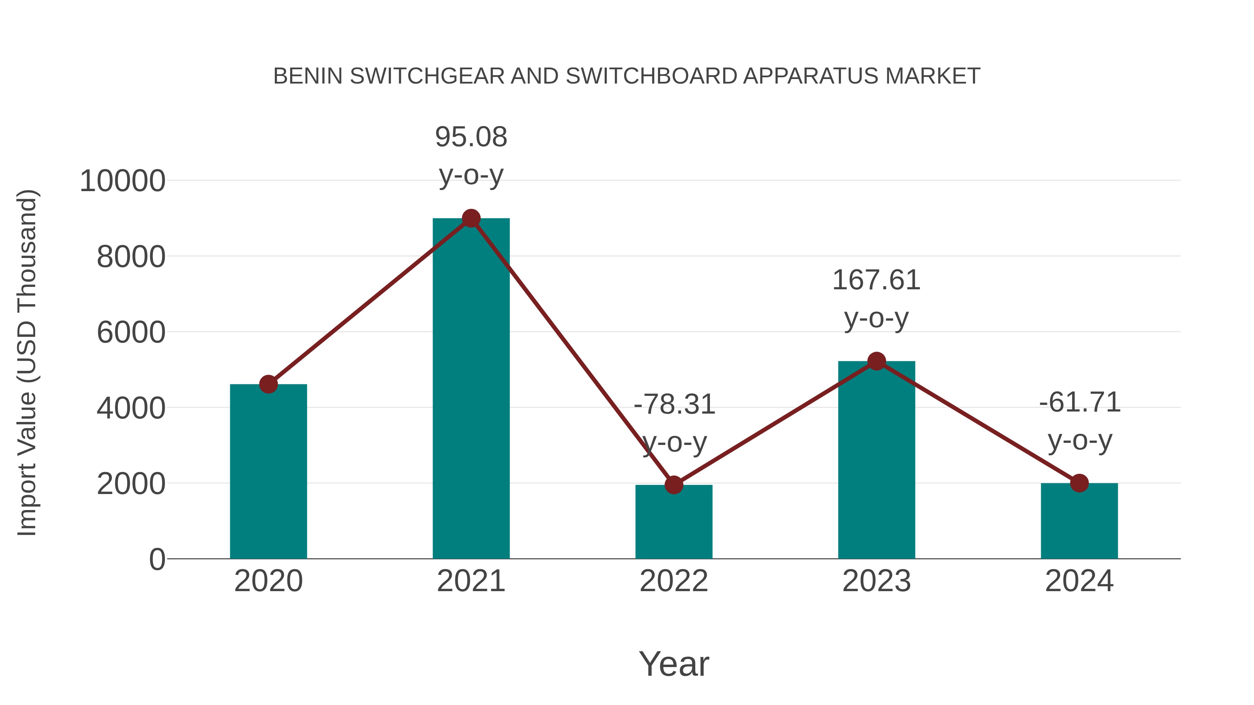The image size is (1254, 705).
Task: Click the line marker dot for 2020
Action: [268, 384]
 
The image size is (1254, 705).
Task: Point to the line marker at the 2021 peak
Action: [471, 218]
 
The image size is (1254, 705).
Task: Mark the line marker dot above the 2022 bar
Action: [674, 485]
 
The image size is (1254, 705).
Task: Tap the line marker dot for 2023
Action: [876, 361]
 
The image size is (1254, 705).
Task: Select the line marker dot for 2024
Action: [1079, 483]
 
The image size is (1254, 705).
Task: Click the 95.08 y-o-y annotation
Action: [471, 155]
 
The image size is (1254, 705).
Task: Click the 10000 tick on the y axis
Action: [122, 181]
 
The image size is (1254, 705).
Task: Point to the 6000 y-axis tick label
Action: [131, 333]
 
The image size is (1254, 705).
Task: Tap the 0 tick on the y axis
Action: [157, 559]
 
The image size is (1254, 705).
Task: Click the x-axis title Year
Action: [674, 664]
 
